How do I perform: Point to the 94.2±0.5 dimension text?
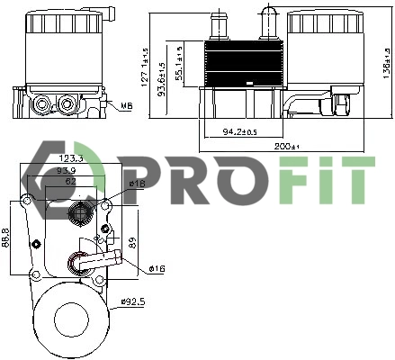pyautogui.click(x=238, y=133)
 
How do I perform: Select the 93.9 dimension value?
pyautogui.click(x=67, y=169)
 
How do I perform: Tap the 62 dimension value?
pyautogui.click(x=68, y=180)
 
